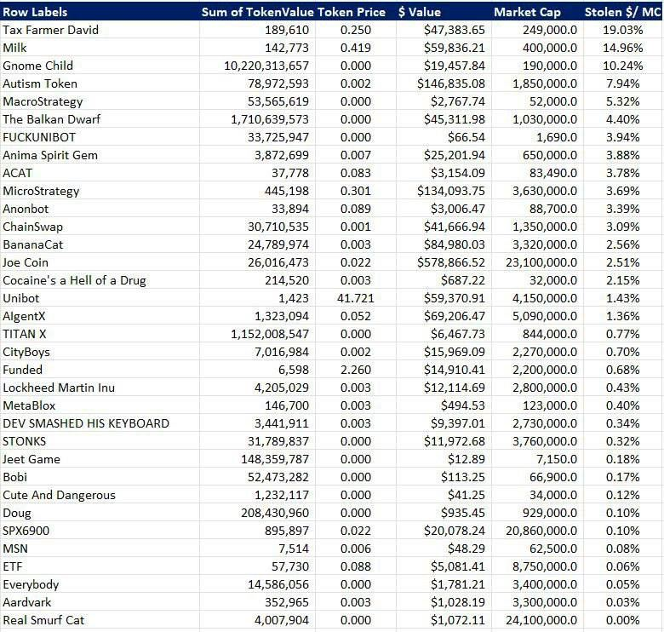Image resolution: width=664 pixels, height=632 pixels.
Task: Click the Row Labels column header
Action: tap(35, 12)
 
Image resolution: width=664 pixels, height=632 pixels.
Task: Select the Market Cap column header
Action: tap(527, 12)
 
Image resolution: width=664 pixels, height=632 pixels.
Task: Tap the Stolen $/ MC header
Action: tap(622, 12)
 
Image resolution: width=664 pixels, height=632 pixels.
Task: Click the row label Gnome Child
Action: tap(37, 66)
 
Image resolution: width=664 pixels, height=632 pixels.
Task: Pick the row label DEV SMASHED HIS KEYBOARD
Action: tap(86, 423)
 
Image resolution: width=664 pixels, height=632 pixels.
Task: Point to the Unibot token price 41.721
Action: tap(355, 298)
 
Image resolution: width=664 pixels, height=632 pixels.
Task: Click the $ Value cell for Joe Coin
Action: tap(451, 262)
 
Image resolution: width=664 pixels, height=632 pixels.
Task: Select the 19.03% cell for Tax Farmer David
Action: tap(622, 30)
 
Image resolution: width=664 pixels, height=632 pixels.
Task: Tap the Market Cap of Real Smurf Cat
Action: tap(541, 620)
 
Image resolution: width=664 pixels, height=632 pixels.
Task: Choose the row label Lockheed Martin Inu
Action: tap(59, 388)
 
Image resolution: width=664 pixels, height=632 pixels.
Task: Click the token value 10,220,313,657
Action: tap(266, 66)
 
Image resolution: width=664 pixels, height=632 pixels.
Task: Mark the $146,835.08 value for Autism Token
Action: tap(451, 83)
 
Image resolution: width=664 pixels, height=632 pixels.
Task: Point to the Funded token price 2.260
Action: tap(355, 370)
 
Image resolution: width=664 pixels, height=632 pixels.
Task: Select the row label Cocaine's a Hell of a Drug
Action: tap(74, 280)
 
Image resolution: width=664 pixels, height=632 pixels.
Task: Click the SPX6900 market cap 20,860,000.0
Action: tap(541, 531)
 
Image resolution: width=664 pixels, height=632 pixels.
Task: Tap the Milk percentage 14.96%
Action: tap(622, 48)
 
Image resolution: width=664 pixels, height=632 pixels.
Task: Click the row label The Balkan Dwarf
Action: tap(51, 119)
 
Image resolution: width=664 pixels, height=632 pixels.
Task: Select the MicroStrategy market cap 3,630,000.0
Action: tap(545, 191)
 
